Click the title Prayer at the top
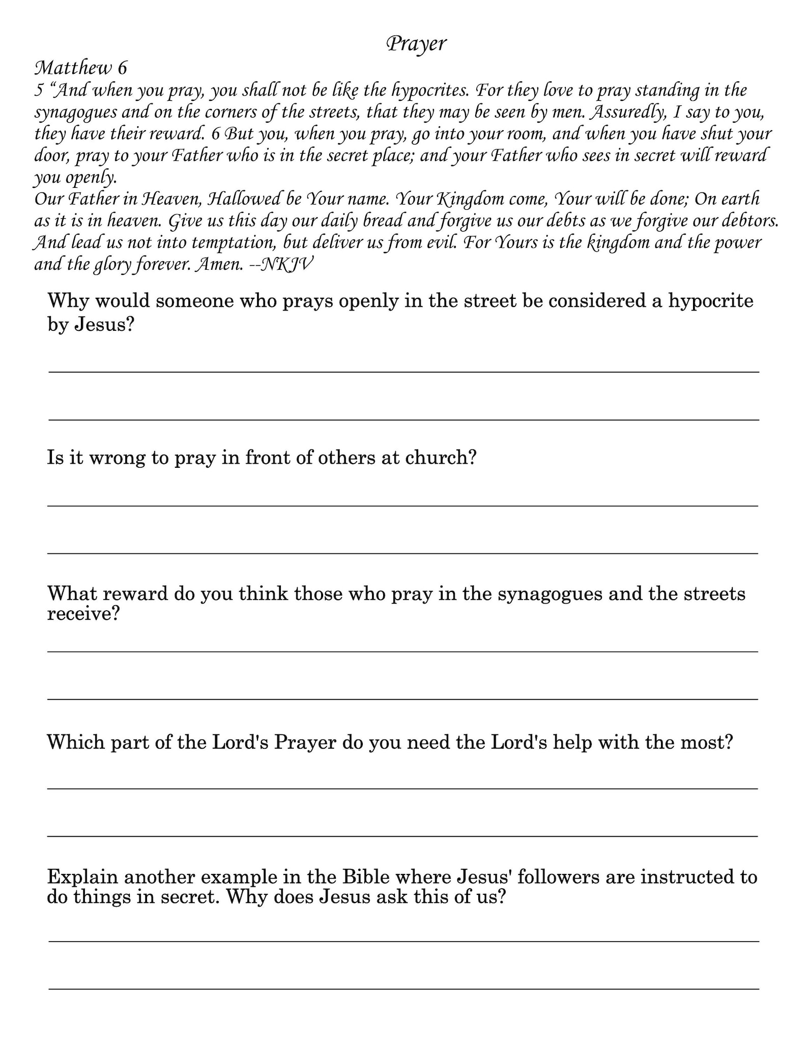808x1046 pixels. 416,44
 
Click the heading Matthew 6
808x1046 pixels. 80,68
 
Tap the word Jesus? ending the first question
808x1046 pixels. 104,324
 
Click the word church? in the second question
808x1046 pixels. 441,458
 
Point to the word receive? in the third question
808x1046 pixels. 83,614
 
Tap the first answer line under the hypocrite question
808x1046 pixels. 403,372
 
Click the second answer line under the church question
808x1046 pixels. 402,553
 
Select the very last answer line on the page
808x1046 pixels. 403,988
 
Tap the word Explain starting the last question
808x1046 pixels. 81,878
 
